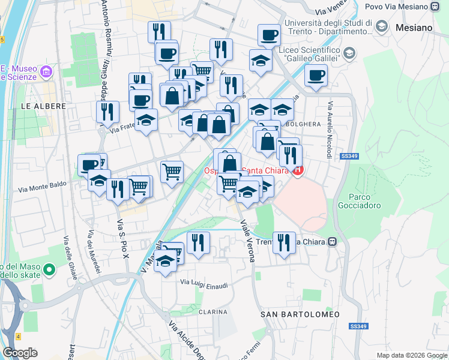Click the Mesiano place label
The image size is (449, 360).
tap(414, 28)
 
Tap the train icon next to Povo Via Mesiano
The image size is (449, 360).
tap(435, 7)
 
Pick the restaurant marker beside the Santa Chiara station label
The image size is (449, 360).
tap(284, 242)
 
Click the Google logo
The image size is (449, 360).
tap(20, 353)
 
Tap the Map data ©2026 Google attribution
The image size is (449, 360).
tap(411, 355)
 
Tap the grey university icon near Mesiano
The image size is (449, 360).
tap(381, 27)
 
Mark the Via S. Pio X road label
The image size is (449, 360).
tap(122, 238)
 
